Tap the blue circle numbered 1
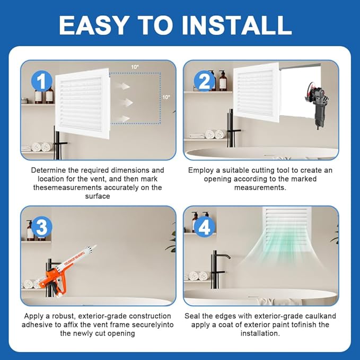41,82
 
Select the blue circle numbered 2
203,82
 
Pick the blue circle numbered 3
41,227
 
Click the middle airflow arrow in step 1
125,101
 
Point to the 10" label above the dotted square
135,67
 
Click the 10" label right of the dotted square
167,97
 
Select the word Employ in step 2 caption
201,170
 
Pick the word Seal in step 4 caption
192,315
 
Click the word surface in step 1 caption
98,196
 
